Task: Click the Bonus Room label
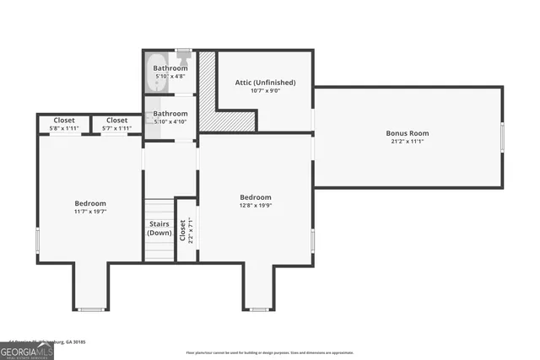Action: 408,133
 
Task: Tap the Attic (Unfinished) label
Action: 265,83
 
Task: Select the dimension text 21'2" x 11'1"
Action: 408,142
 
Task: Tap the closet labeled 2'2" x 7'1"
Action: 186,230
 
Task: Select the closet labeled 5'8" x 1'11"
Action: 64,124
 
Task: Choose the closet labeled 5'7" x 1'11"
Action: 116,124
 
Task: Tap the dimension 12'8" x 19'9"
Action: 255,205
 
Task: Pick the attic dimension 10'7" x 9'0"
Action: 265,91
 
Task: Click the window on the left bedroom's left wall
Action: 37,240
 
